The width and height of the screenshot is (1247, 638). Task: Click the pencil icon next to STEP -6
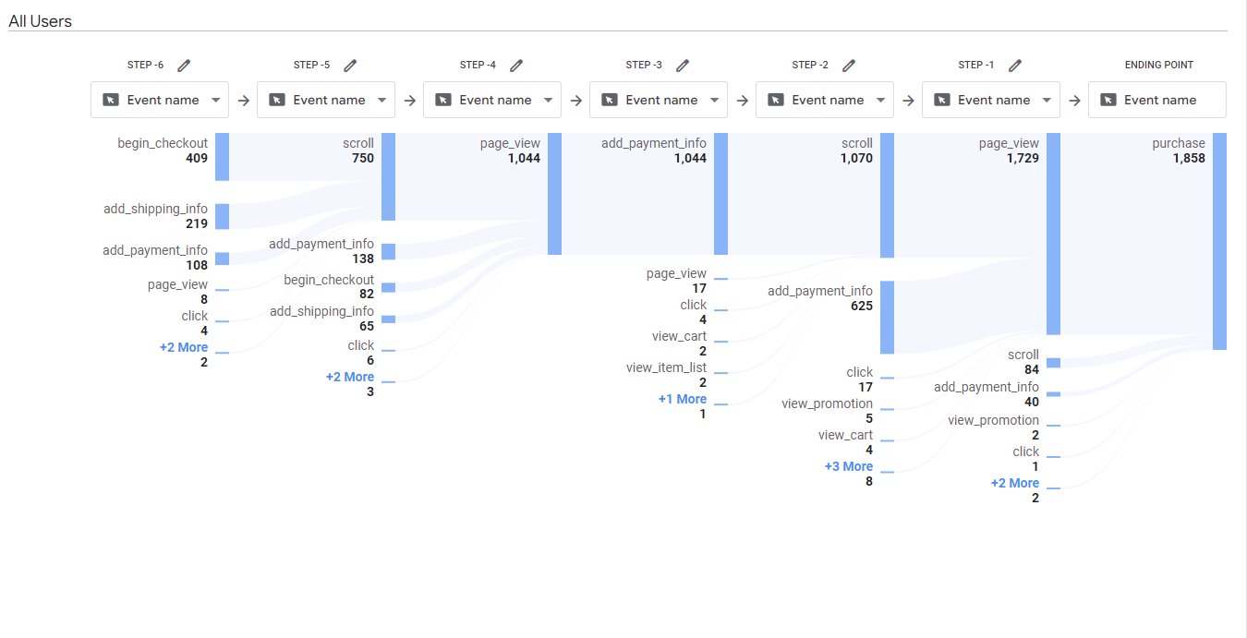pyautogui.click(x=184, y=66)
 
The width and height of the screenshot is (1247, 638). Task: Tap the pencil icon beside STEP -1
pyautogui.click(x=1015, y=66)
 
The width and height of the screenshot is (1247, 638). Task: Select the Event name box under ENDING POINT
pyautogui.click(x=1156, y=100)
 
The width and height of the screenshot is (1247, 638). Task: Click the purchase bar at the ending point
pyautogui.click(x=1219, y=241)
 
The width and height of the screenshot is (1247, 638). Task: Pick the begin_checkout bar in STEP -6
pyautogui.click(x=222, y=157)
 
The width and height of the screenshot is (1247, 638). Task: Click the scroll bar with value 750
pyautogui.click(x=388, y=176)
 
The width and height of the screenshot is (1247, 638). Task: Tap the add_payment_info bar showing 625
pyautogui.click(x=887, y=317)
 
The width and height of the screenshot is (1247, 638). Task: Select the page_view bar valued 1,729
pyautogui.click(x=1053, y=234)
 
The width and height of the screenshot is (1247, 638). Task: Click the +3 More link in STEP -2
pyautogui.click(x=848, y=466)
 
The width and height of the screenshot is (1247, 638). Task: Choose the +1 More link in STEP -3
pyautogui.click(x=682, y=399)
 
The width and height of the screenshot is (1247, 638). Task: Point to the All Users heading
pyautogui.click(x=40, y=20)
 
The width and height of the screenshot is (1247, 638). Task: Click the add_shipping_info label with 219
pyautogui.click(x=155, y=209)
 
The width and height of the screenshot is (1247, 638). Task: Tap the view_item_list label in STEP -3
pyautogui.click(x=666, y=367)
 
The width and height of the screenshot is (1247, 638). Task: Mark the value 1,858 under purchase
pyautogui.click(x=1189, y=158)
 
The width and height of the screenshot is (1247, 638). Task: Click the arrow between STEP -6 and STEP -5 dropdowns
pyautogui.click(x=243, y=101)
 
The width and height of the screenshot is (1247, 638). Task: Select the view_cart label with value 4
pyautogui.click(x=845, y=435)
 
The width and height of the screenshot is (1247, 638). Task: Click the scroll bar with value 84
pyautogui.click(x=1053, y=363)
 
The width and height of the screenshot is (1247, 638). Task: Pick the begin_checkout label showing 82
pyautogui.click(x=329, y=280)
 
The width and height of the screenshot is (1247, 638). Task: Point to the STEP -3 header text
pyautogui.click(x=644, y=65)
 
